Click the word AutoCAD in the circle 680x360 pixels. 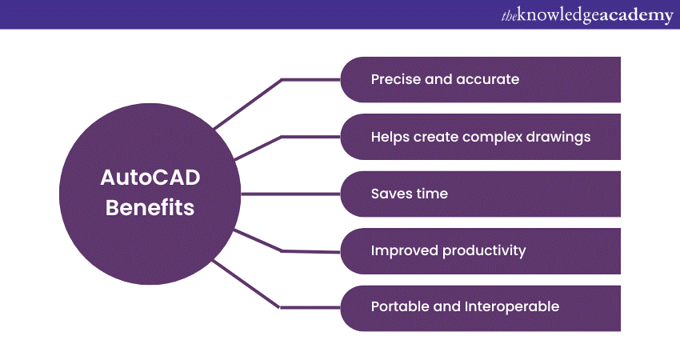point(150,178)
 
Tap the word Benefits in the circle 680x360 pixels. point(150,207)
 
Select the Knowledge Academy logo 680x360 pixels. point(587,16)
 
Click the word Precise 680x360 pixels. point(396,79)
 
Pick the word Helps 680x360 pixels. point(390,137)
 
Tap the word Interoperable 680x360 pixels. point(512,306)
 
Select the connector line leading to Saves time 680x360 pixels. point(290,194)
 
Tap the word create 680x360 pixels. point(436,137)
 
